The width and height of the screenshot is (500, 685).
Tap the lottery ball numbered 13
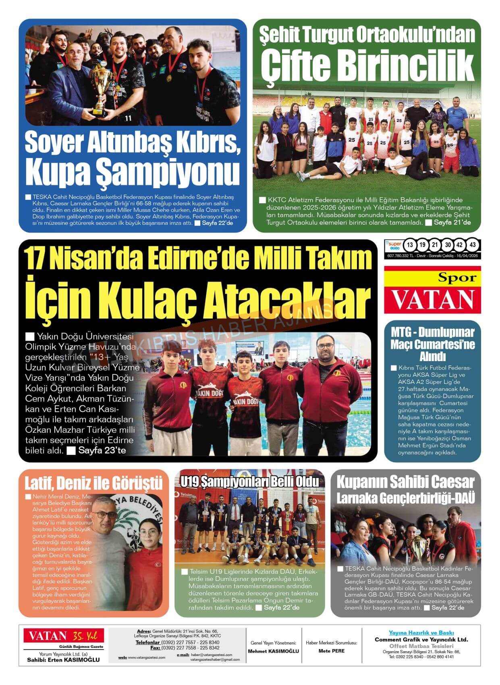[410, 245]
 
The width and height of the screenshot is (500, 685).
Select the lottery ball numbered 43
[473, 245]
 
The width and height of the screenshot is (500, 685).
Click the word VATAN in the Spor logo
[432, 299]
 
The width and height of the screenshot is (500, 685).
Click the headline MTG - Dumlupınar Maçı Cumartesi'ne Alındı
[432, 345]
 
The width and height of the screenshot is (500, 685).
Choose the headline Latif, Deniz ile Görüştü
[93, 483]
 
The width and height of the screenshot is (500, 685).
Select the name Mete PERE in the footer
[331, 651]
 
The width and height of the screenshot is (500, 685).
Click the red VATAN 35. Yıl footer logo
[63, 636]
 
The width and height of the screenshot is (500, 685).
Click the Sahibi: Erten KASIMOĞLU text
[63, 660]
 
